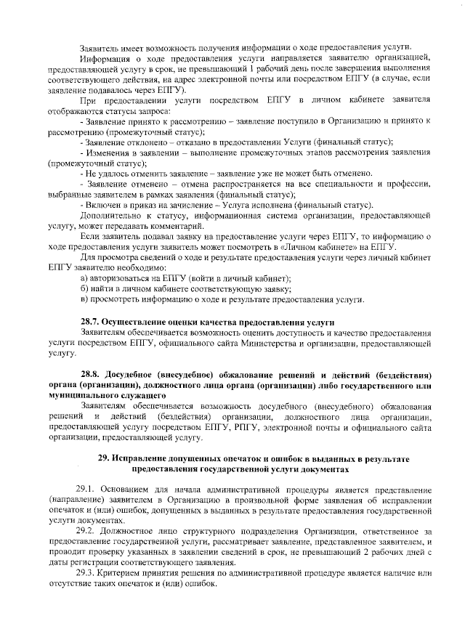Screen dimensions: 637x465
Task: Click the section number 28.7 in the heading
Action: pyautogui.click(x=89, y=320)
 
